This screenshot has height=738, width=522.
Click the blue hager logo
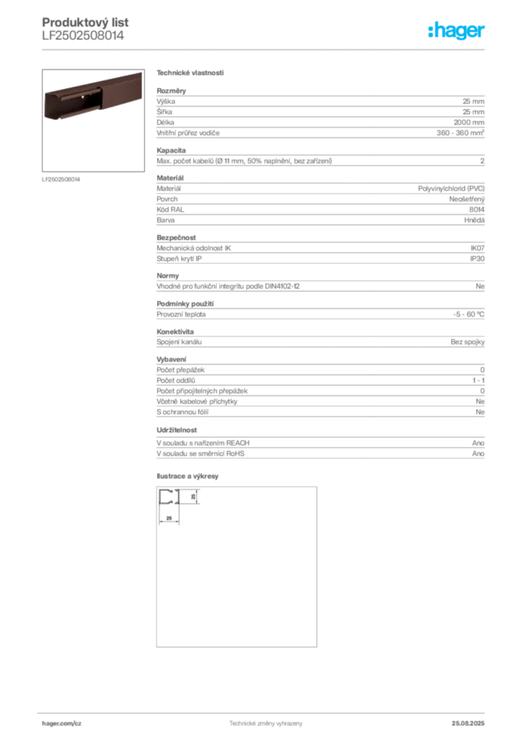(x=458, y=32)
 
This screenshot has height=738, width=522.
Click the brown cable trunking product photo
(x=94, y=94)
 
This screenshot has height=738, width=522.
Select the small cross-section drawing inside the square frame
(x=171, y=497)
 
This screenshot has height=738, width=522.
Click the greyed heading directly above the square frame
(x=190, y=476)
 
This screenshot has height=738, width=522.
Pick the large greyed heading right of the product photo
(x=190, y=74)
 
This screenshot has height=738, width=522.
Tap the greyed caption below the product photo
(x=63, y=179)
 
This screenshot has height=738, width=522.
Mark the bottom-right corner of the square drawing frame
(x=312, y=646)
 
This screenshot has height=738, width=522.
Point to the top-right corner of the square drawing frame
(x=312, y=489)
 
